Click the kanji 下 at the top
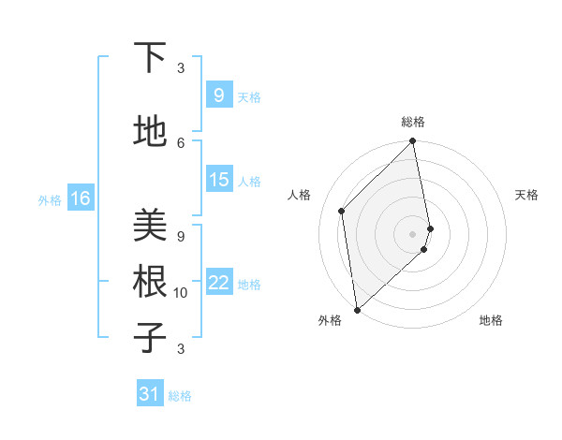point(150,58)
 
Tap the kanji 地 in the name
point(150,133)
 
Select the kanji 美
point(150,225)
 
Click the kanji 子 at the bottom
point(150,337)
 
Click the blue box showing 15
point(218,180)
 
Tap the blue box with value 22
point(218,283)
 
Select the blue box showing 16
point(80,198)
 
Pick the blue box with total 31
point(150,395)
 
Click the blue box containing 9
point(218,95)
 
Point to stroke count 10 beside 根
point(181,293)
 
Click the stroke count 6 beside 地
point(181,142)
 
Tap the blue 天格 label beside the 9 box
point(249,96)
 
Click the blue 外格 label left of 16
point(49,199)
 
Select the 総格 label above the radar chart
point(413,122)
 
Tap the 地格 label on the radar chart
point(491,320)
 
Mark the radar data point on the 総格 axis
point(412,142)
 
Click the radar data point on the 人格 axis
point(342,211)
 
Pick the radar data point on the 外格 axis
point(357,309)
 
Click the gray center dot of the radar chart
point(412,234)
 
